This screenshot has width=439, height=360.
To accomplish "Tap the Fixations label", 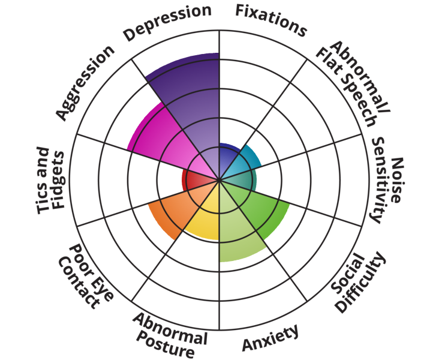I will click(x=270, y=19).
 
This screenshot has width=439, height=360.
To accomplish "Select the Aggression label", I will click(x=84, y=82).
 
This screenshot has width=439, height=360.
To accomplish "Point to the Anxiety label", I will click(x=270, y=338).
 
